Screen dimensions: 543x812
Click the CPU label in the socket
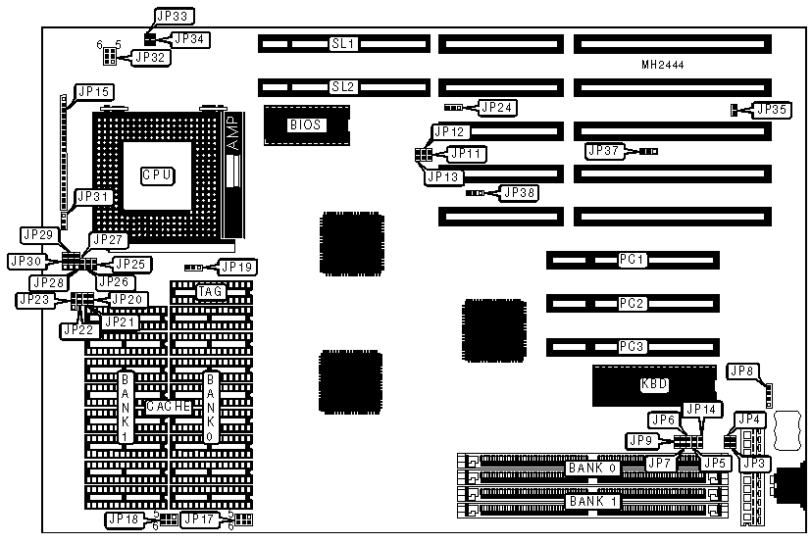point(157,174)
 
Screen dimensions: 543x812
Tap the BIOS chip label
point(305,124)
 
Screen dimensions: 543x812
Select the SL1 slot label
point(343,44)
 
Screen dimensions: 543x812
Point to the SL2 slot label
point(343,86)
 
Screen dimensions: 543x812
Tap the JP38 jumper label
point(519,192)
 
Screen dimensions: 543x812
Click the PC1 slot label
point(633,261)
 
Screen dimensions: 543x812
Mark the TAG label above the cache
point(210,291)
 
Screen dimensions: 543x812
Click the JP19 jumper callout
point(235,267)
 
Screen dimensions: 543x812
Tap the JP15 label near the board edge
point(95,91)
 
